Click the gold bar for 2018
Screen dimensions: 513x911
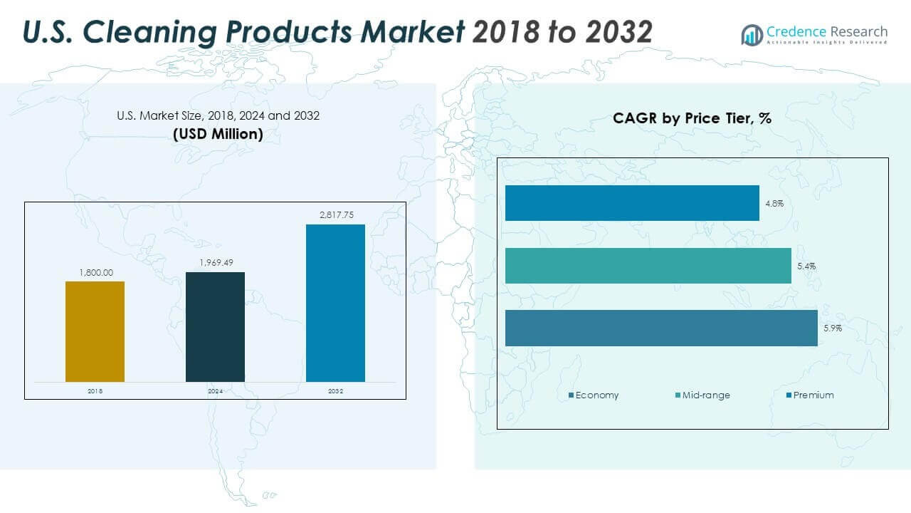tap(95, 331)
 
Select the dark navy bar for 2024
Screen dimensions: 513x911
tap(215, 326)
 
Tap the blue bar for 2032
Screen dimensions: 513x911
tap(335, 303)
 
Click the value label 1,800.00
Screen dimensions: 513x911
tap(95, 272)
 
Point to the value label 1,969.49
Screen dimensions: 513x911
tap(215, 263)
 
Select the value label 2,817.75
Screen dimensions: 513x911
tap(335, 215)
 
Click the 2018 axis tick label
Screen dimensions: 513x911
tap(95, 391)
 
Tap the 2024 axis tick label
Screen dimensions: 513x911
tap(215, 391)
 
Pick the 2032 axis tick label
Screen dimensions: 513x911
tap(335, 391)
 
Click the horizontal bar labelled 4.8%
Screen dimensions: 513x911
tap(632, 203)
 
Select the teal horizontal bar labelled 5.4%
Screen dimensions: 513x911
tap(648, 266)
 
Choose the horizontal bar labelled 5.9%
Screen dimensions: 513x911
tap(661, 328)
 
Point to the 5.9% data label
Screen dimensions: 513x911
tap(833, 328)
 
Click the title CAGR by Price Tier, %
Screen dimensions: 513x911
tap(692, 118)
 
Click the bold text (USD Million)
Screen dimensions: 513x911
tap(218, 133)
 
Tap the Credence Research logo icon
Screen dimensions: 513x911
tap(752, 34)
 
